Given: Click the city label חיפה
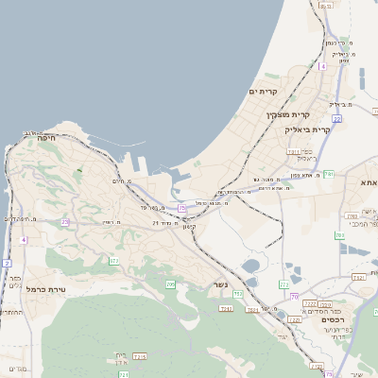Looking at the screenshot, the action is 46,138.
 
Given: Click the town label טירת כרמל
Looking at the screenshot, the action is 44,288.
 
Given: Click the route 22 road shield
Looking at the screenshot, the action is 336,118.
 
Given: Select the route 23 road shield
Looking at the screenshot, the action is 65,221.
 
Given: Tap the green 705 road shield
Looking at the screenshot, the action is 171,283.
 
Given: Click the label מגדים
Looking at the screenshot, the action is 17,368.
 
